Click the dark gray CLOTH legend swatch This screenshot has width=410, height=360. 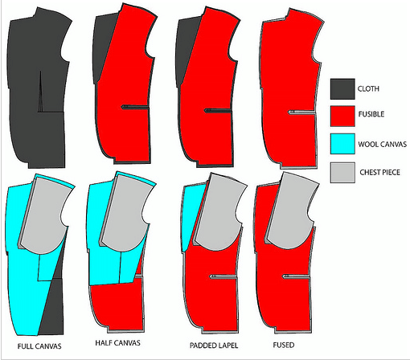pyautogui.click(x=342, y=89)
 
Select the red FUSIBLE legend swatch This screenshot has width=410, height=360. pyautogui.click(x=342, y=116)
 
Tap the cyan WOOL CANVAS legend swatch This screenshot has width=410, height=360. pyautogui.click(x=342, y=144)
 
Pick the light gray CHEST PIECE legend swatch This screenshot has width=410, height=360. pyautogui.click(x=342, y=173)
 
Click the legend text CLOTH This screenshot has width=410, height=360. pyautogui.click(x=368, y=88)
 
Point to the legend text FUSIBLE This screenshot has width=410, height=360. pyautogui.click(x=371, y=114)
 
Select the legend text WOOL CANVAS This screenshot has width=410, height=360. pyautogui.click(x=383, y=145)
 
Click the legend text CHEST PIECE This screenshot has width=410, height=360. pyautogui.click(x=379, y=172)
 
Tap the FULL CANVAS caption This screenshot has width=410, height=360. pyautogui.click(x=39, y=346)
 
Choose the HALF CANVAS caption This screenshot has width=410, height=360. pyautogui.click(x=117, y=343)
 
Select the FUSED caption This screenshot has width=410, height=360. pyautogui.click(x=284, y=345)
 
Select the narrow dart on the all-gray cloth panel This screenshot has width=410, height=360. pyautogui.click(x=40, y=92)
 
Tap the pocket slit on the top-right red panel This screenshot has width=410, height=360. pyautogui.click(x=301, y=112)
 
